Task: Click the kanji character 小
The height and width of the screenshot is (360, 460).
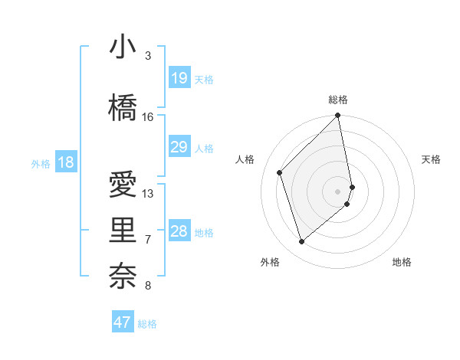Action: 123,47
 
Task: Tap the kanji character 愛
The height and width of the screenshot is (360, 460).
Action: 123,185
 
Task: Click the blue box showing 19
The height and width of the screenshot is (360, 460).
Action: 179,78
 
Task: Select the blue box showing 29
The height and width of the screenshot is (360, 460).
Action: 179,147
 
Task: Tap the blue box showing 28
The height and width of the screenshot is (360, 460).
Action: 179,231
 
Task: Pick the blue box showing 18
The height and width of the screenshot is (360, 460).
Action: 65,162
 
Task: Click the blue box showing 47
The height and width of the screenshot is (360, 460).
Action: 122,322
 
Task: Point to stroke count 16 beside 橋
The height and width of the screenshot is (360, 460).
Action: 148,117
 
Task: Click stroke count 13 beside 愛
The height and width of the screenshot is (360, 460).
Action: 148,194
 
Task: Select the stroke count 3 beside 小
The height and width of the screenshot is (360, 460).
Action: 148,56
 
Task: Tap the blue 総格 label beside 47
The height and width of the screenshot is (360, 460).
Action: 147,324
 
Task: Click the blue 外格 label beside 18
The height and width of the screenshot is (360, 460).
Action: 41,163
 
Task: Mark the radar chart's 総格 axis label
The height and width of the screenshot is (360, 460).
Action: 338,100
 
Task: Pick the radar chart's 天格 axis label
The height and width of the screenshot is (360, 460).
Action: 432,159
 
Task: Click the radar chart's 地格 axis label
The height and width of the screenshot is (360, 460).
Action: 402,262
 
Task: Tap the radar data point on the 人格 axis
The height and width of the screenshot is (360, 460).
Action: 280,172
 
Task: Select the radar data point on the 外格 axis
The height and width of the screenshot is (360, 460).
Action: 302,242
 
